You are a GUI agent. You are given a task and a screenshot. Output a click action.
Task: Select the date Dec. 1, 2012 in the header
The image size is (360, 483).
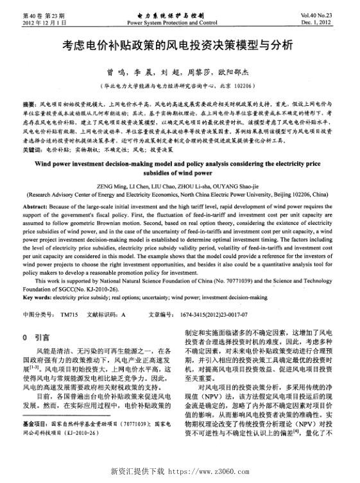329,22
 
